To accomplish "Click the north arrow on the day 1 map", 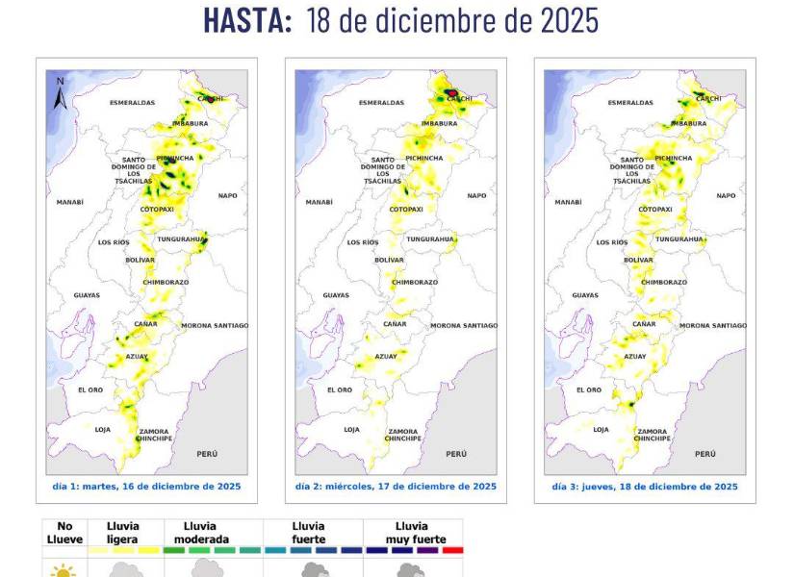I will pyautogui.click(x=60, y=92).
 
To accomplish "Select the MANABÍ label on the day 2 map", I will pyautogui.click(x=319, y=202).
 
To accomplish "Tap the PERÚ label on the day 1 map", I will pyautogui.click(x=207, y=453).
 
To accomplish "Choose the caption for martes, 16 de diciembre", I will pyautogui.click(x=146, y=487).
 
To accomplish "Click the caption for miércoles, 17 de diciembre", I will pyautogui.click(x=396, y=487).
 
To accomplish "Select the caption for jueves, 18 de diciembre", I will pyautogui.click(x=645, y=487).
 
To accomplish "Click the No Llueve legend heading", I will pyautogui.click(x=64, y=533).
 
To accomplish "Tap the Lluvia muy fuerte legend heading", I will pyautogui.click(x=412, y=533).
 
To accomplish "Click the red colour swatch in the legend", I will pyautogui.click(x=452, y=551).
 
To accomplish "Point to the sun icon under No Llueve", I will pyautogui.click(x=64, y=570).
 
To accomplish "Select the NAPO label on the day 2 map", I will pyautogui.click(x=476, y=195).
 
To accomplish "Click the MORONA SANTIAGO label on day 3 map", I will pyautogui.click(x=712, y=326).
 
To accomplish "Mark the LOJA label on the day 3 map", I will pyautogui.click(x=601, y=429).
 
